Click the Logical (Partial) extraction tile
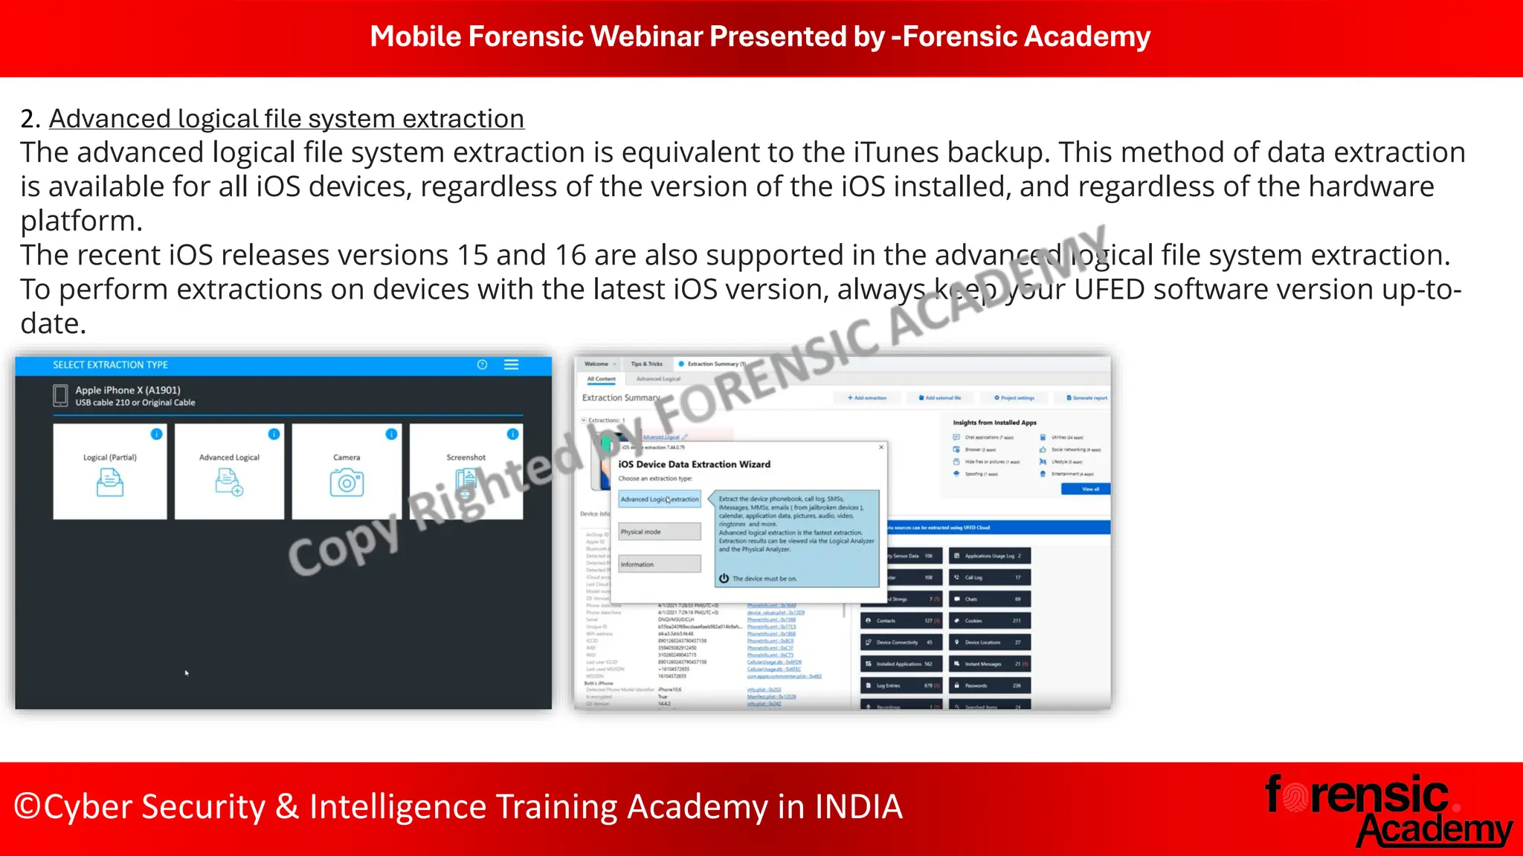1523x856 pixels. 110,471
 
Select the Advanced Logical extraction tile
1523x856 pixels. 229,471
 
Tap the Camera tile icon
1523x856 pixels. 347,484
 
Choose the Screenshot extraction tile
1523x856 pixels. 466,471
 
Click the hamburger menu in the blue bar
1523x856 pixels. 512,365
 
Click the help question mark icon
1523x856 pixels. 482,365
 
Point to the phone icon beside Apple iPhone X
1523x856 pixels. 60,395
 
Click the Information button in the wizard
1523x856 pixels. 659,565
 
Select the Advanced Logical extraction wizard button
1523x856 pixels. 660,499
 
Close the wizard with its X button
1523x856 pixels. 881,447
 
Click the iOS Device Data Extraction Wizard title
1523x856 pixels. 694,464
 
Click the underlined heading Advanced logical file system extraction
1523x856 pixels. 286,119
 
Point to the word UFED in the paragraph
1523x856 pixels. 1109,290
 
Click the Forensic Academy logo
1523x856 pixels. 1388,811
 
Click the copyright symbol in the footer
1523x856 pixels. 28,807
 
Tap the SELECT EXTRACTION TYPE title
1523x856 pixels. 110,365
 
